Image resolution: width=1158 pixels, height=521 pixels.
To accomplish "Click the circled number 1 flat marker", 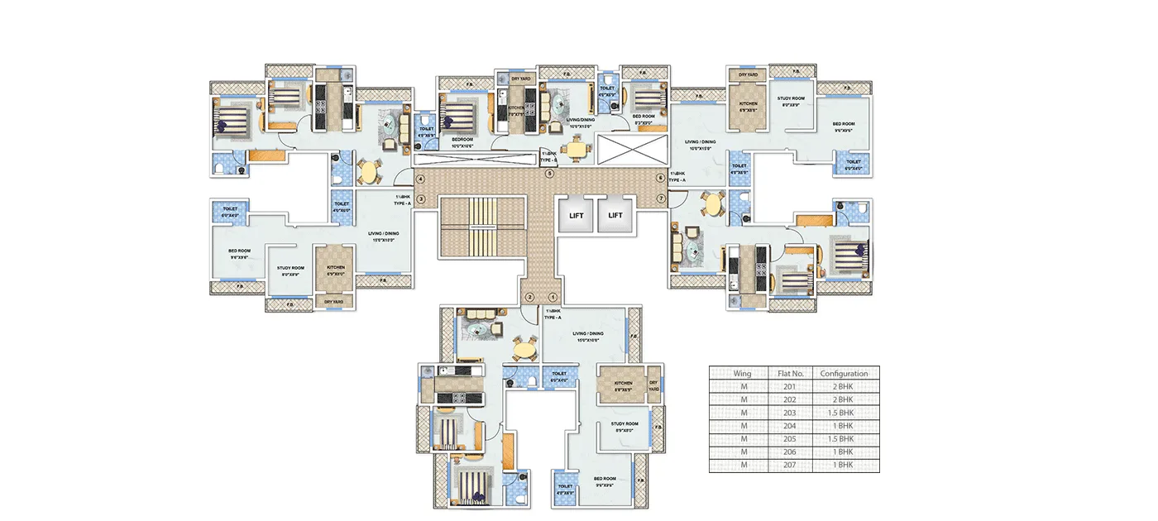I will point(553,298).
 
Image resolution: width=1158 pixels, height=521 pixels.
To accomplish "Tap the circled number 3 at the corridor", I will point(420,199).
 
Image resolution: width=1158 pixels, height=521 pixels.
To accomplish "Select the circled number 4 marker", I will point(420,179).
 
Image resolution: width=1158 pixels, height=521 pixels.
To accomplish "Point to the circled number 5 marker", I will point(548,174).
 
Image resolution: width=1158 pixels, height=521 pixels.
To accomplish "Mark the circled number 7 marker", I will point(660,199).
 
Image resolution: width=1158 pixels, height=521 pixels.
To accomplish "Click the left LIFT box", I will point(577,216).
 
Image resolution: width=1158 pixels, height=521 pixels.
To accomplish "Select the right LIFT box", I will point(616,216).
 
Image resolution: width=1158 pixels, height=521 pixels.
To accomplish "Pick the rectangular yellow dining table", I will point(575,148).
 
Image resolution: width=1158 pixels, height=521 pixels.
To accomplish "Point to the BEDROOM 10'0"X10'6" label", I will point(462,141).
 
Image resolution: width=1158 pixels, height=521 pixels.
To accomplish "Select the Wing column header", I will point(742,374).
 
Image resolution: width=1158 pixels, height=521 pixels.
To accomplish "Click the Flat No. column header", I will point(790,374).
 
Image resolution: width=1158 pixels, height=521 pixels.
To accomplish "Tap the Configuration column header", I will point(845,374).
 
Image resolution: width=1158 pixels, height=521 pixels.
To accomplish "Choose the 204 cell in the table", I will point(790,426).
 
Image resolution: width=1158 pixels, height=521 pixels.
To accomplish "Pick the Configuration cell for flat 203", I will point(845,413).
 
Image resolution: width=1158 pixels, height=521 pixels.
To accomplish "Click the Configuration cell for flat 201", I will point(845,386).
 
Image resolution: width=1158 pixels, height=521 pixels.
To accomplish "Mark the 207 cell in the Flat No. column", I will point(790,466).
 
